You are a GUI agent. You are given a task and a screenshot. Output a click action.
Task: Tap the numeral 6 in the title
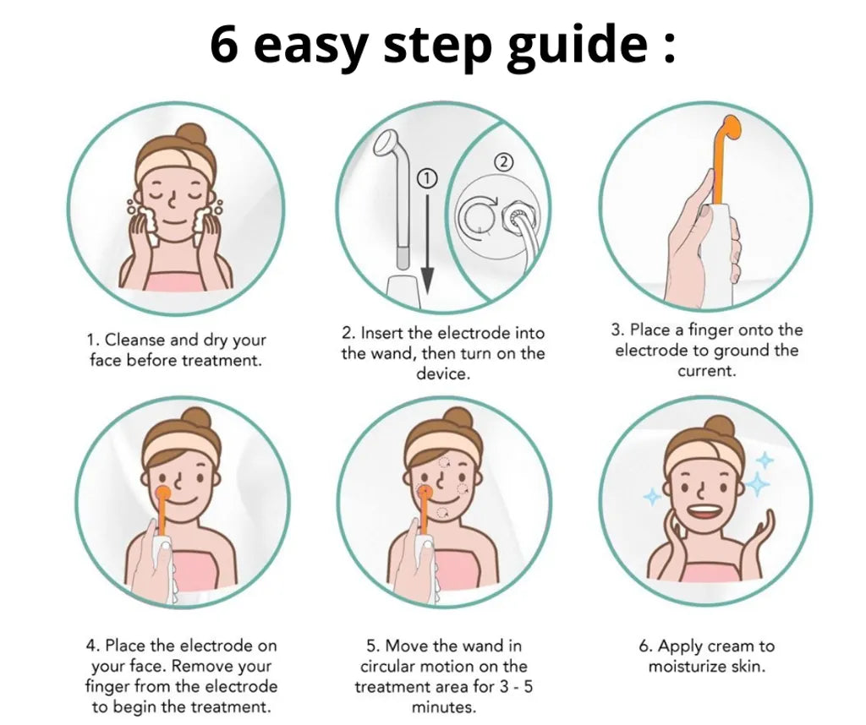[224, 44]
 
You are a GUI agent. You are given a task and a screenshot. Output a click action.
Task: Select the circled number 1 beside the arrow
[427, 178]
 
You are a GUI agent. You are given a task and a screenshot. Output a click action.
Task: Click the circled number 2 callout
[502, 162]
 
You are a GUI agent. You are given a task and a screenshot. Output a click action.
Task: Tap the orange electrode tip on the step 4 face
[162, 493]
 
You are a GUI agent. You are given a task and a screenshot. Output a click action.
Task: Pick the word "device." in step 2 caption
[443, 374]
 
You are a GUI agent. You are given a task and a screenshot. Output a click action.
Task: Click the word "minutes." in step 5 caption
[443, 707]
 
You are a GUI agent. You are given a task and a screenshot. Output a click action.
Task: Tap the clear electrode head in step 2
[386, 143]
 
